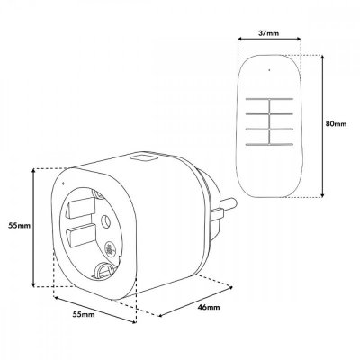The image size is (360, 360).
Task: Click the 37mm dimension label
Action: click(x=268, y=33)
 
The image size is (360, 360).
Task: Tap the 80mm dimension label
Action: click(x=336, y=124)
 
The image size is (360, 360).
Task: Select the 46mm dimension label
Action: click(x=209, y=307)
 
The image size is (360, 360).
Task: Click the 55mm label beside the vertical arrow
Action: click(x=19, y=226)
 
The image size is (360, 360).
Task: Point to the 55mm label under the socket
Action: click(x=84, y=314)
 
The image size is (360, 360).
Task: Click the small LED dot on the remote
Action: click(x=269, y=70)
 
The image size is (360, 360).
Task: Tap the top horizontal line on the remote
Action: click(x=269, y=99)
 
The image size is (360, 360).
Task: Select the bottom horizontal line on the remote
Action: click(x=269, y=145)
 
